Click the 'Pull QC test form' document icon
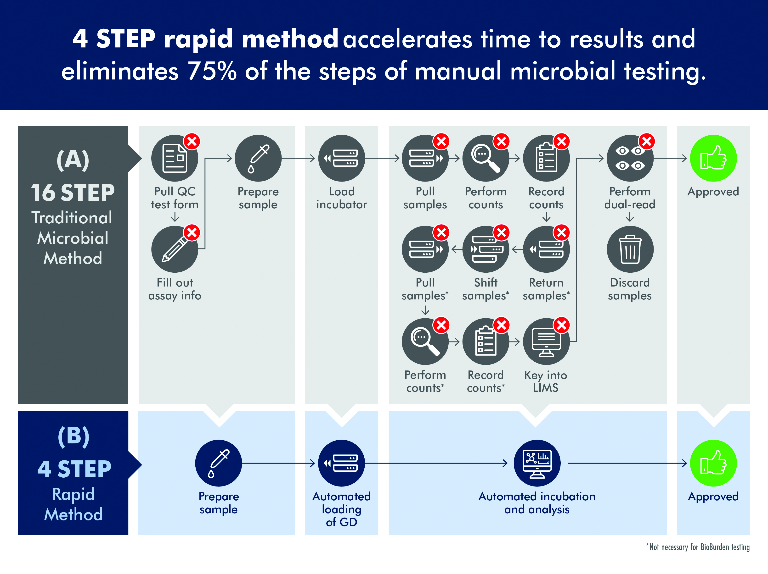pos(175,158)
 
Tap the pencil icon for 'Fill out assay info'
pos(175,249)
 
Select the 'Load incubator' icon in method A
pos(342,158)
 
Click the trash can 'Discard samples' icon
pos(630,249)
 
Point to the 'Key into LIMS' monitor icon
pos(546,342)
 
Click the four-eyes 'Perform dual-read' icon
pos(630,158)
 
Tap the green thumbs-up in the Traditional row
pos(713,158)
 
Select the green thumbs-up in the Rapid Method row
pos(713,463)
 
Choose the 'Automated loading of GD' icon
pos(342,463)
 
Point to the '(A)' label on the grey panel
pos(73,160)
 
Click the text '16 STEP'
pos(73,193)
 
